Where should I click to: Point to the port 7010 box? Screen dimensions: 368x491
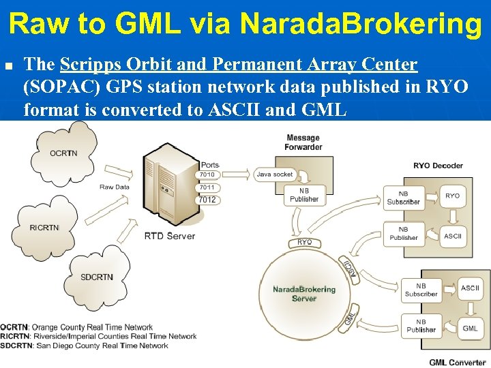tap(207, 174)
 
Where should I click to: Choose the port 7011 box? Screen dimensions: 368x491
tap(207, 187)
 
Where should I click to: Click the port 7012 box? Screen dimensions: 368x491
tap(207, 200)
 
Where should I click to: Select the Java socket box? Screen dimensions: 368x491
tap(274, 174)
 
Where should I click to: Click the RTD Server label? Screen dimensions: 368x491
tap(170, 236)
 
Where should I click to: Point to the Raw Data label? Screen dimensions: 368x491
tap(114, 187)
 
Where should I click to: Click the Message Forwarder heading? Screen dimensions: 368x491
tap(303, 142)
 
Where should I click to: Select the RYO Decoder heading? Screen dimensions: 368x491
tap(438, 166)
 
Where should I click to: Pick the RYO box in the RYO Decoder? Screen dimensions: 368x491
tap(452, 196)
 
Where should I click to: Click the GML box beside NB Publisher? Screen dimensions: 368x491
tap(470, 328)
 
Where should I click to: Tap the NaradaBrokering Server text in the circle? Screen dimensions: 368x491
tap(304, 294)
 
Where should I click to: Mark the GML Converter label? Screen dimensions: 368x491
tap(457, 363)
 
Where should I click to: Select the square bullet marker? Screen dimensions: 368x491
tap(10, 67)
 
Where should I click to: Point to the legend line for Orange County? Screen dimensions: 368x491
tap(76, 327)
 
